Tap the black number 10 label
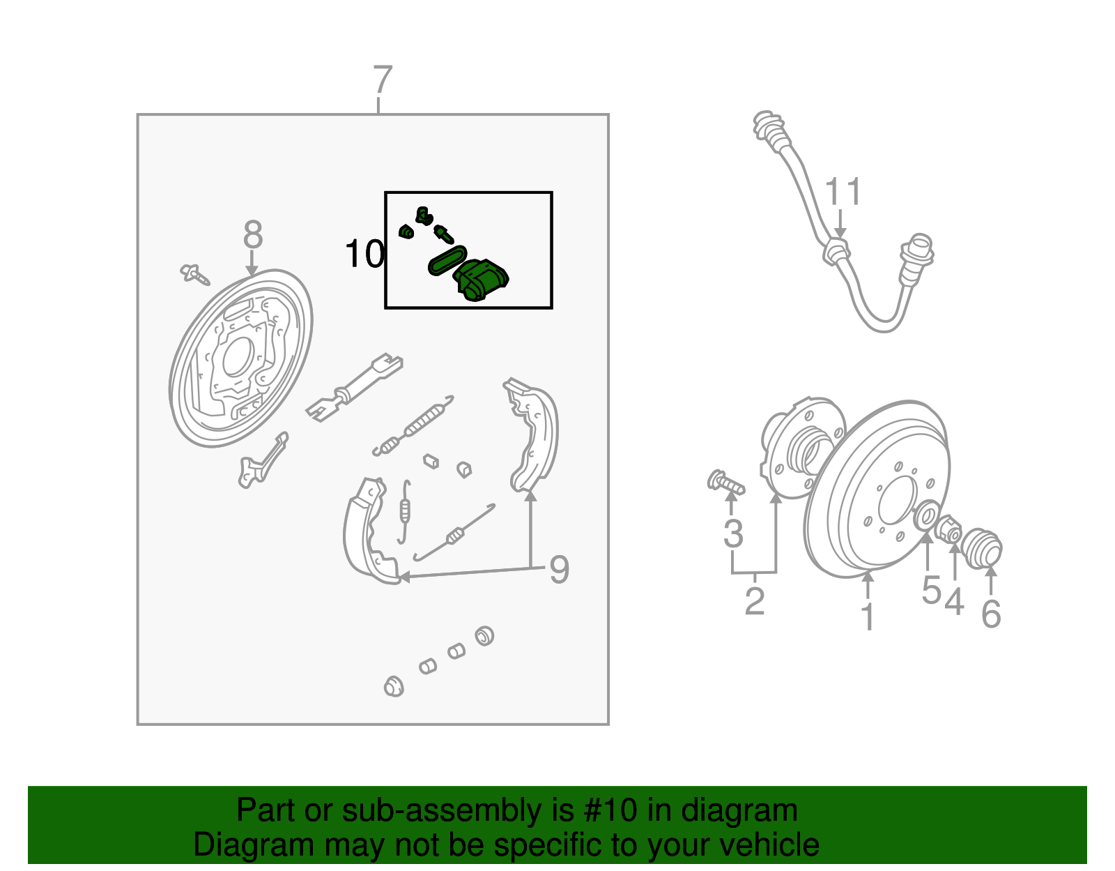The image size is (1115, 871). [364, 255]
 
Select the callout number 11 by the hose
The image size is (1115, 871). [843, 192]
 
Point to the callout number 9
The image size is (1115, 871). [559, 570]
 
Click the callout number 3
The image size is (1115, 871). [733, 533]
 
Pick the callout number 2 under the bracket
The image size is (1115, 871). [755, 601]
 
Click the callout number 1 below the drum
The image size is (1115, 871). [868, 617]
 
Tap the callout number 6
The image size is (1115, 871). [991, 614]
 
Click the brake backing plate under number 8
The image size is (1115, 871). [240, 359]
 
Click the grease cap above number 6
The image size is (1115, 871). [983, 549]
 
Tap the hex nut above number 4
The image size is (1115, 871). [948, 529]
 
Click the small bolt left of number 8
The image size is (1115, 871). [194, 274]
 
